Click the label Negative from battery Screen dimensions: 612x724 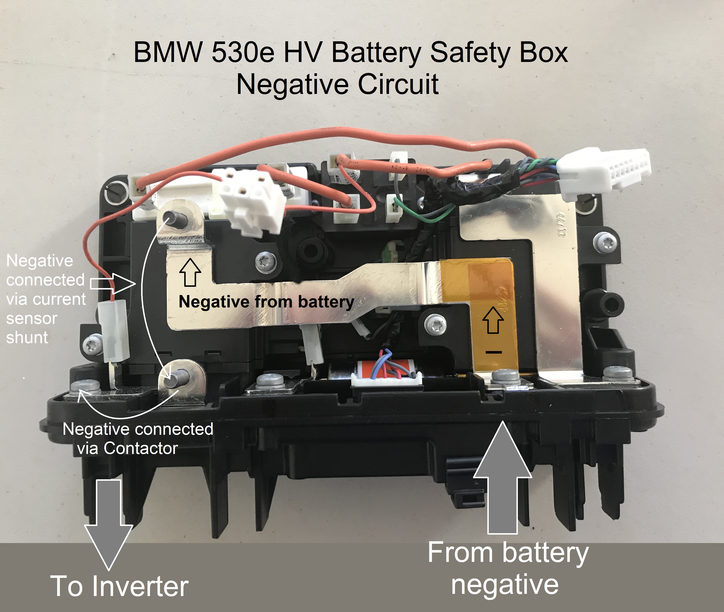click(266, 302)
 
